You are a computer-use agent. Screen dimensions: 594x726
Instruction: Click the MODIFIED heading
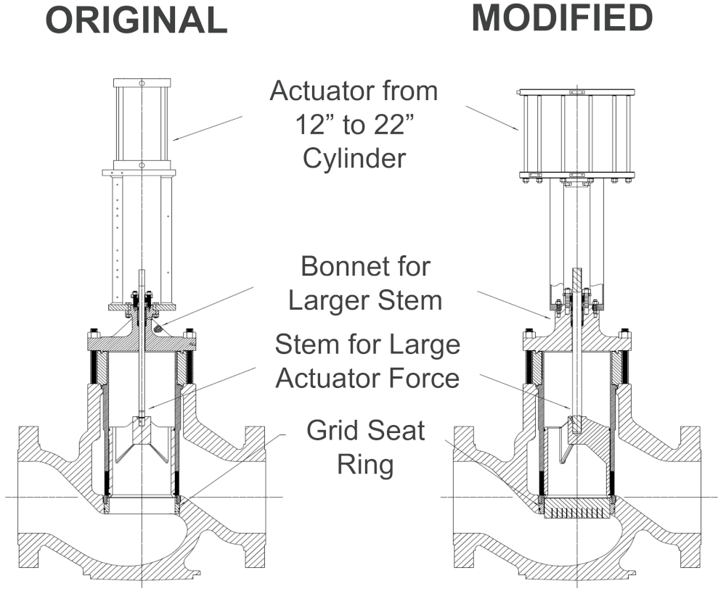pos(562,19)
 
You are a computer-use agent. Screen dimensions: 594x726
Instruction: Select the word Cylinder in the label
pos(354,158)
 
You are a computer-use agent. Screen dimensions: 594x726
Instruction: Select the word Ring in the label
pos(365,464)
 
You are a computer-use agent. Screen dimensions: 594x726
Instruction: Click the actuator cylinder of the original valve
pos(142,120)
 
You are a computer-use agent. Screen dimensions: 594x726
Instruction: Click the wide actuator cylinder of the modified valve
pos(576,133)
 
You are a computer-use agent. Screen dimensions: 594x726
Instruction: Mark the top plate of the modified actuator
pos(576,93)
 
